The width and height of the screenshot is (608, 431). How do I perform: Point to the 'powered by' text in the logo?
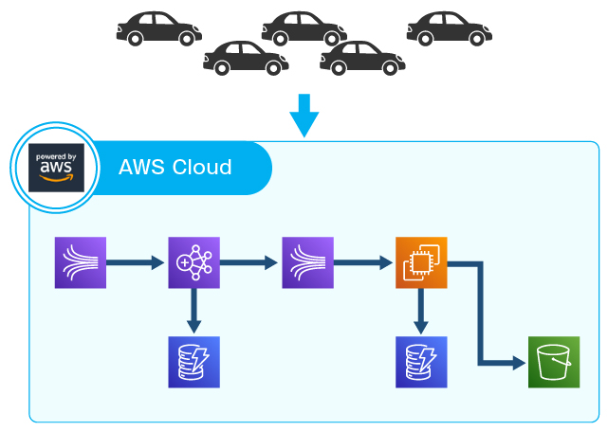tap(55, 156)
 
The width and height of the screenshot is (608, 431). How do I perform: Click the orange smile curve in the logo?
tap(55, 180)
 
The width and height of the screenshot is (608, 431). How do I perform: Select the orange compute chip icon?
tap(421, 261)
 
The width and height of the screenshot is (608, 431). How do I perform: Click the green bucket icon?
tap(554, 362)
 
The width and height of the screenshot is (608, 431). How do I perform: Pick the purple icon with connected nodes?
tap(193, 261)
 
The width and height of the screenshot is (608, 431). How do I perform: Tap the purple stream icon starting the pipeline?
tap(81, 261)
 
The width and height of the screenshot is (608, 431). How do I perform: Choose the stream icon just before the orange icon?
tap(307, 261)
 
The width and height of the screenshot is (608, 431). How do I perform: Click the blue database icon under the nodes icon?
tap(193, 362)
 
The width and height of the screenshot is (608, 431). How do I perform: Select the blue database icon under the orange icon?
tap(421, 362)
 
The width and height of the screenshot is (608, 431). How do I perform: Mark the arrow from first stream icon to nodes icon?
tap(137, 261)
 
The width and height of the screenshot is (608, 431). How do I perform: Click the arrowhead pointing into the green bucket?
tap(518, 362)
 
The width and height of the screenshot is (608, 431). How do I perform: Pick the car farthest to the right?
tap(450, 27)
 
